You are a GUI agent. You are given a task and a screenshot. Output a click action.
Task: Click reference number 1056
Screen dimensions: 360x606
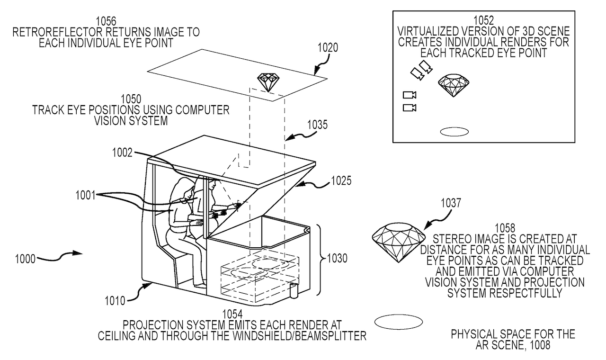106,21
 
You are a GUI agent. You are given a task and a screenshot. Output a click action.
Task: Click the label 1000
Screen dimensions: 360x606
25,259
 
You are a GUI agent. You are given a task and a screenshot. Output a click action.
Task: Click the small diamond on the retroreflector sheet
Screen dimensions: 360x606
268,82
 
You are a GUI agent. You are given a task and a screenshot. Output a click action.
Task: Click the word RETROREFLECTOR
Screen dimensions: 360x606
60,33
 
